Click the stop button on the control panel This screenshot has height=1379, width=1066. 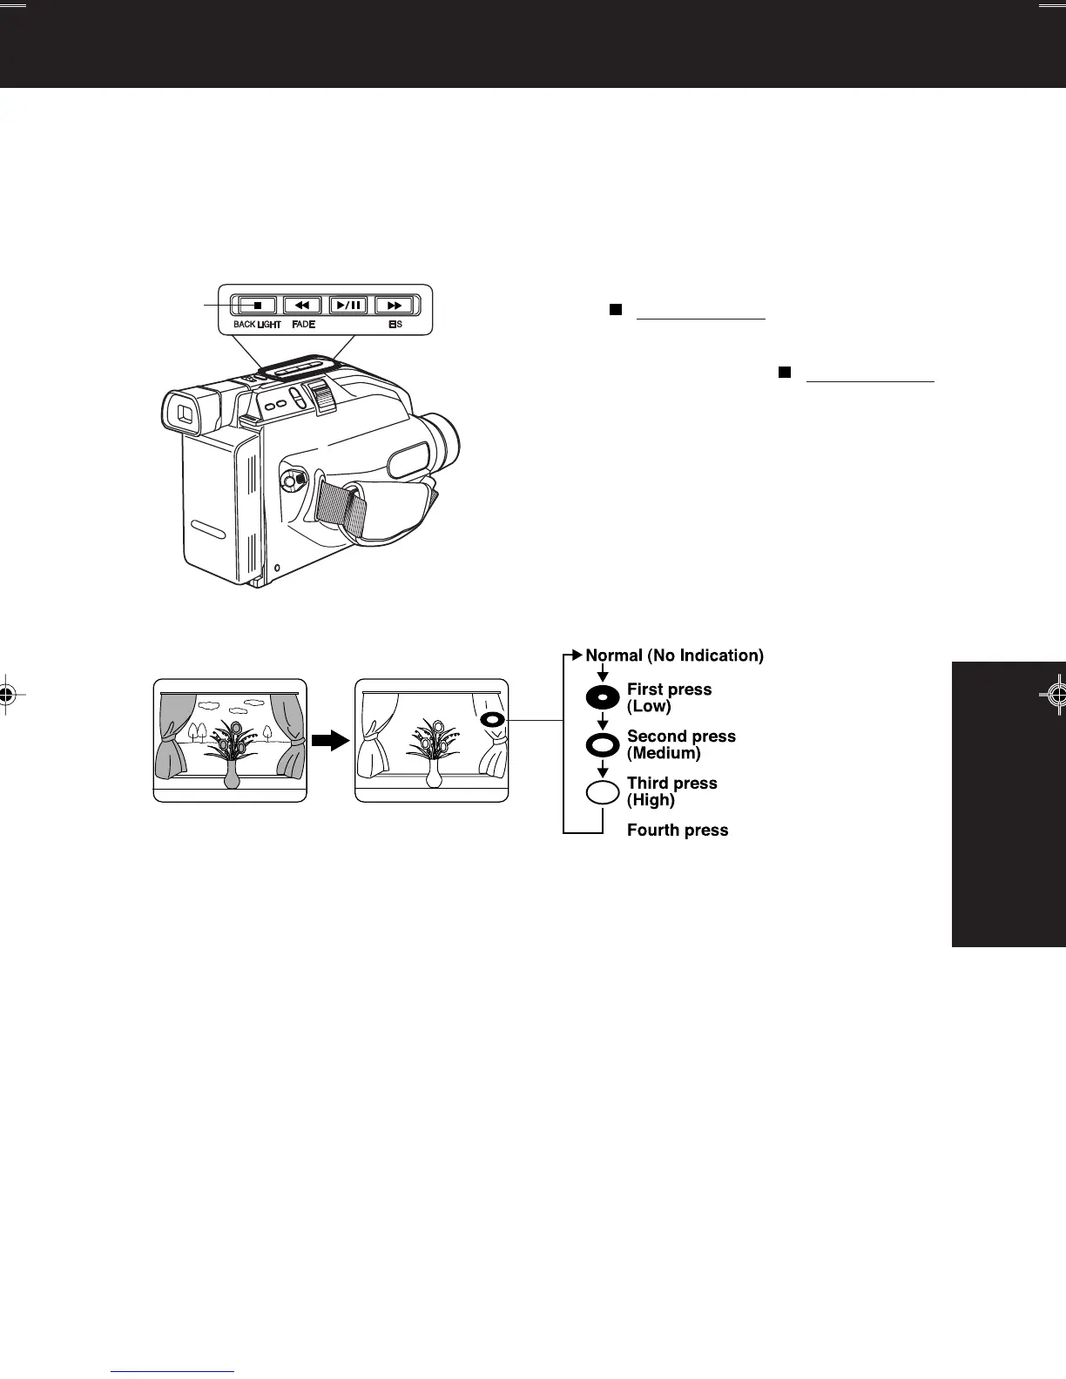(x=257, y=306)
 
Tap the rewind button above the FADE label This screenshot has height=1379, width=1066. (x=302, y=306)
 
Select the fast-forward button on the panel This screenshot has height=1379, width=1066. (x=394, y=306)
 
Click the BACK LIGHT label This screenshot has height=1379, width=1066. (x=257, y=325)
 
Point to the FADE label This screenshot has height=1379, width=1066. (x=303, y=325)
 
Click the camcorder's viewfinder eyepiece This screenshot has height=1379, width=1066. (x=186, y=414)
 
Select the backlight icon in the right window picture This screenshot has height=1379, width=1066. (x=492, y=720)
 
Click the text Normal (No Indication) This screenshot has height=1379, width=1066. (x=674, y=656)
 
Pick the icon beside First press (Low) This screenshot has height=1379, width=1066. (x=603, y=698)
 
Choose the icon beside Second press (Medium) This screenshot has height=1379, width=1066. (x=603, y=745)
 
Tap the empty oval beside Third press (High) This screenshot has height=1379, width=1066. (x=603, y=792)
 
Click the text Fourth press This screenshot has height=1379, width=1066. (x=678, y=831)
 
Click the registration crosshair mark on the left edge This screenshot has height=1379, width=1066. (x=7, y=694)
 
